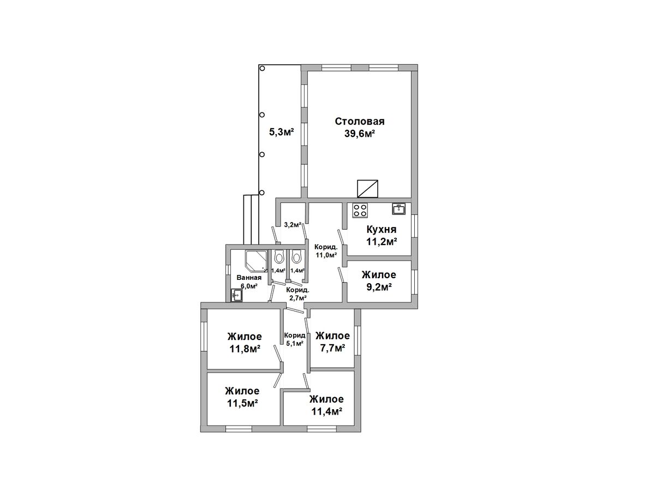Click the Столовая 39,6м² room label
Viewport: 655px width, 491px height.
tap(359, 128)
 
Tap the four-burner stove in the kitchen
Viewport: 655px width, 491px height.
tap(360, 209)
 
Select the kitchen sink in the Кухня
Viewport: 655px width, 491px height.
tap(398, 209)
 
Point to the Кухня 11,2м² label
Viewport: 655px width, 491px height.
tap(382, 236)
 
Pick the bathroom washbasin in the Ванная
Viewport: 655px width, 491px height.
tap(237, 296)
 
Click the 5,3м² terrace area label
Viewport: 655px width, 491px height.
tap(282, 131)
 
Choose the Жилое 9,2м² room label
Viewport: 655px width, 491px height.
tap(379, 281)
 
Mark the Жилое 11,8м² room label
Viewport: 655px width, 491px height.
tap(245, 343)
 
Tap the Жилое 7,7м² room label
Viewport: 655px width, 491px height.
tap(332, 342)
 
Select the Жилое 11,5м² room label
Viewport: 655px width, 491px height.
tap(242, 397)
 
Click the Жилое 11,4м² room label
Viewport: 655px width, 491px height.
tap(326, 405)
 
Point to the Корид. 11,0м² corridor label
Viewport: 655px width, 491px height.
tap(326, 251)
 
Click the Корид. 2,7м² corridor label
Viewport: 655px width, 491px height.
tap(297, 294)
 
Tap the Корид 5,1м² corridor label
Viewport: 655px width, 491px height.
tap(295, 339)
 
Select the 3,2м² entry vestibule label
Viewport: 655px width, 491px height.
tap(293, 225)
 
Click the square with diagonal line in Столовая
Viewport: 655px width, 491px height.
tap(368, 188)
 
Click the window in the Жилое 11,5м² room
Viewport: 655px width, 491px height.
tap(239, 429)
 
